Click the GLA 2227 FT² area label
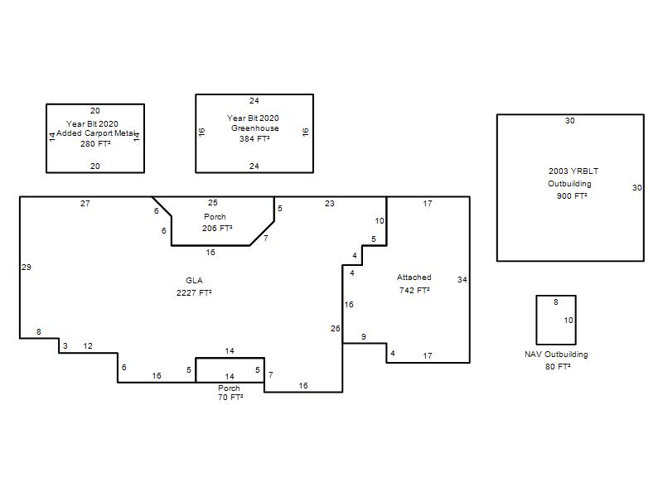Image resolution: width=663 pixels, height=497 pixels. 194,287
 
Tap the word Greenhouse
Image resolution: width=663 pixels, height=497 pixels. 255,128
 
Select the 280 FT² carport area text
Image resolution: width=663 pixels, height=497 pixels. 95,143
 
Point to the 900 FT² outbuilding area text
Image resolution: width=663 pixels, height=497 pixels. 572,195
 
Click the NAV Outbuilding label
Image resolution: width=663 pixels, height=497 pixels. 556,355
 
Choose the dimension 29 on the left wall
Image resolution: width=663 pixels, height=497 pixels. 27,267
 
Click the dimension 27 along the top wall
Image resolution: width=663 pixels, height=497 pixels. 85,203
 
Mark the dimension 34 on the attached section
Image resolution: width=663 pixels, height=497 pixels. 462,279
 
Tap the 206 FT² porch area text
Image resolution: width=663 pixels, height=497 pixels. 217,229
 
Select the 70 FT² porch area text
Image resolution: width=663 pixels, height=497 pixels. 230,398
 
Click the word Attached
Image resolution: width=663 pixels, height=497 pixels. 414,277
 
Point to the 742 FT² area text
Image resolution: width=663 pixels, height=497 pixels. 414,291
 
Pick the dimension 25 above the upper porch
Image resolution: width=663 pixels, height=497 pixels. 213,203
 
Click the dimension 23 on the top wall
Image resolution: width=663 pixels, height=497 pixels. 329,203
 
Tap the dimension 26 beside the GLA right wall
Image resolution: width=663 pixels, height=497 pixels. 336,328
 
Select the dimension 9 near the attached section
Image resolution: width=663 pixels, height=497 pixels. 364,337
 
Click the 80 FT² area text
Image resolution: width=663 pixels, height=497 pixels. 558,366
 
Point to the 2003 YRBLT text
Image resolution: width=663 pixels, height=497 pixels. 573,171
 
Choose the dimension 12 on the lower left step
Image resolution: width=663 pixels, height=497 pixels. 88,345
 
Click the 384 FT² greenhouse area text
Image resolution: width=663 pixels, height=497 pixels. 254,138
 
